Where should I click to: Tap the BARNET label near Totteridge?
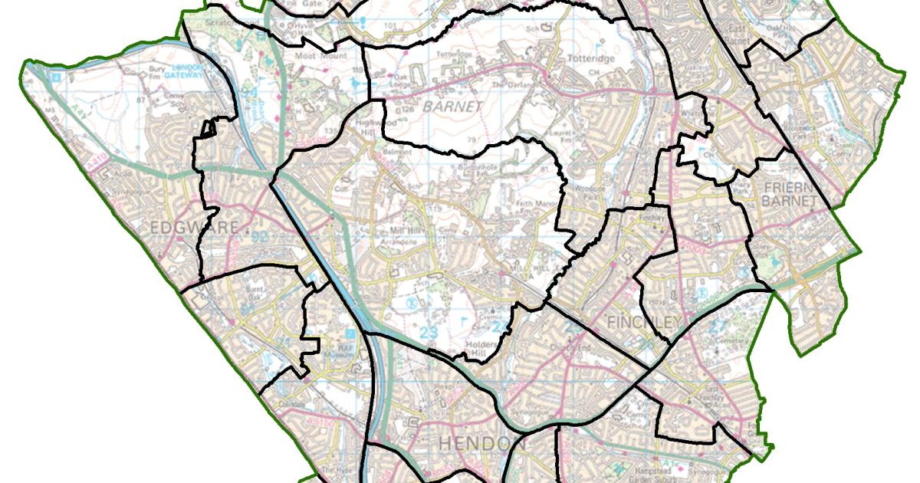tap(452, 107)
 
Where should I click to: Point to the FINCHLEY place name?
tap(642, 322)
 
